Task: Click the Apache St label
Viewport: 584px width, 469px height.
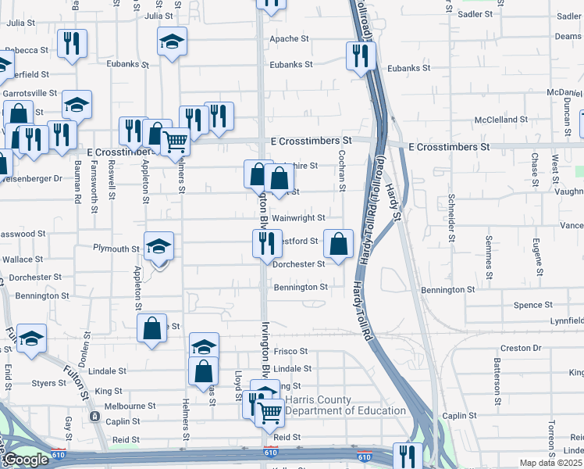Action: [290, 38]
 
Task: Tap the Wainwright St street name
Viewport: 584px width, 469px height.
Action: [298, 218]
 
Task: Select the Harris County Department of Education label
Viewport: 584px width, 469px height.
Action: [345, 405]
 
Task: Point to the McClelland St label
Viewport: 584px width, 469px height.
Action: [501, 120]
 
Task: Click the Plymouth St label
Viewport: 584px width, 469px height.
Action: [116, 249]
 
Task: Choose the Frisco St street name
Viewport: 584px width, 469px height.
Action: [292, 353]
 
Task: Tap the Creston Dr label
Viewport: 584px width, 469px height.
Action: [521, 347]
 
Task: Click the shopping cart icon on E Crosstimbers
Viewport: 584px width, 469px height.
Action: [176, 141]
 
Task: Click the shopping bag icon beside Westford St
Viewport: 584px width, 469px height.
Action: [338, 245]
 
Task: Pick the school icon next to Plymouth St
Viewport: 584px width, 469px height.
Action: [158, 247]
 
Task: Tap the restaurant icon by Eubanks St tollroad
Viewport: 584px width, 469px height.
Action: [361, 55]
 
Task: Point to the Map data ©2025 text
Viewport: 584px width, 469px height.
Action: [551, 463]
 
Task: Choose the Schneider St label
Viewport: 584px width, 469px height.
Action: [451, 214]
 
